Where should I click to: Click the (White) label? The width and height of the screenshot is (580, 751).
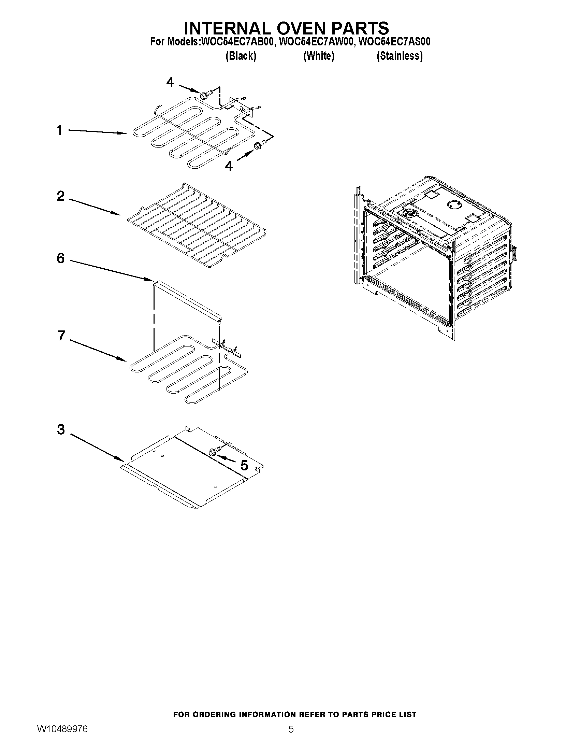(319, 56)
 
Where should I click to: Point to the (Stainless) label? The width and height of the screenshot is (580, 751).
(400, 56)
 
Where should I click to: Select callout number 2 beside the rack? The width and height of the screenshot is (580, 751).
(60, 196)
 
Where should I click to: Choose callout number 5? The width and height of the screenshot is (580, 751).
(244, 466)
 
